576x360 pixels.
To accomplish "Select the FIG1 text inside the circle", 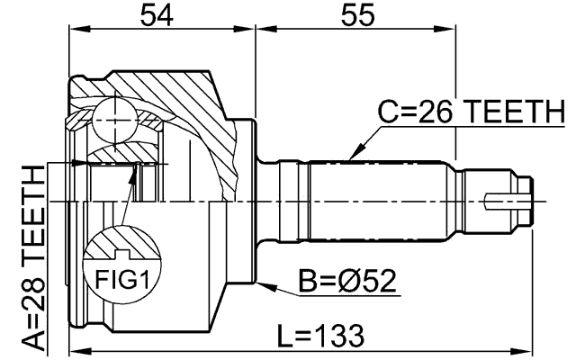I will pos(121,281).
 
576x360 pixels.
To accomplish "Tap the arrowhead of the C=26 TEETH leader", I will pos(353,156).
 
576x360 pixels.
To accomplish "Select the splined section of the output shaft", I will pos(378,200).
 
